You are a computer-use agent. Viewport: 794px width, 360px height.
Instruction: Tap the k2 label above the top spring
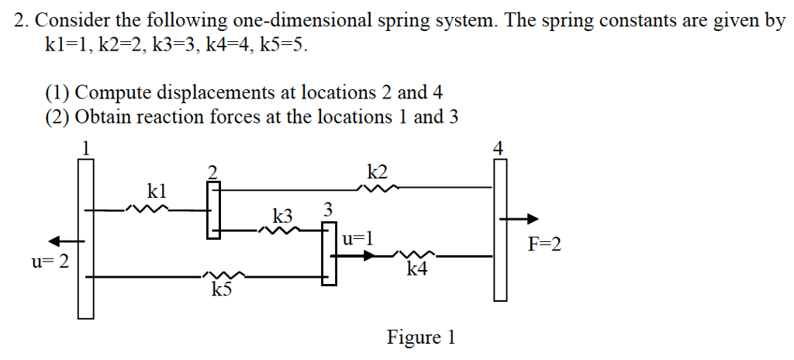(378, 171)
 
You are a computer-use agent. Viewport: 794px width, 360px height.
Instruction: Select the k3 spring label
(285, 213)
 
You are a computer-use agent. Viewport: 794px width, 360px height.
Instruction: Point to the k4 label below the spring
(416, 269)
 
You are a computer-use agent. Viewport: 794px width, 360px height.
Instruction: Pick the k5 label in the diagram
(222, 290)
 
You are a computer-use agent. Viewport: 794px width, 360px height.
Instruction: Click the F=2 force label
(544, 245)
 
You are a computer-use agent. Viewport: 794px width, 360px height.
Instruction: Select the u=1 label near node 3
(357, 239)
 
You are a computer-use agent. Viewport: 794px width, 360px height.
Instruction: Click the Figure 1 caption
(421, 337)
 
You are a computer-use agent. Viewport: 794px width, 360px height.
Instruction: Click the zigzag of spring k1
(147, 209)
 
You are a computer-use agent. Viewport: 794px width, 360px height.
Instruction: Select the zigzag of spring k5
(225, 275)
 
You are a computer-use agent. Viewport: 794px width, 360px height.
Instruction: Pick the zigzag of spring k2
(379, 187)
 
